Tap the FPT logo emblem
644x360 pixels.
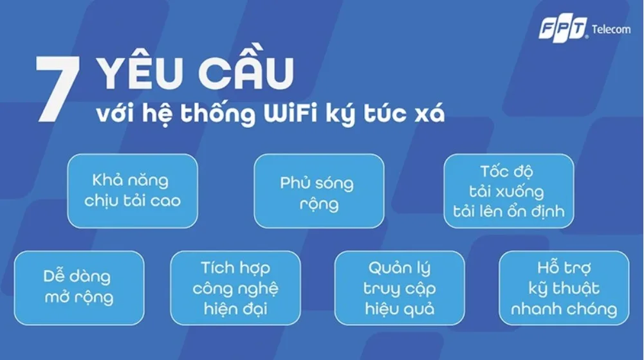coord(563,30)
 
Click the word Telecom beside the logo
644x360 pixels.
coord(611,30)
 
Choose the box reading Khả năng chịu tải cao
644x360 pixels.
coord(133,191)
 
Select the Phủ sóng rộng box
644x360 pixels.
coord(318,191)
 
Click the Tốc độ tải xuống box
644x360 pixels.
coord(508,191)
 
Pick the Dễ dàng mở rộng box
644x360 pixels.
coord(79,288)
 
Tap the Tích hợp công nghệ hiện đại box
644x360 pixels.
coord(235,288)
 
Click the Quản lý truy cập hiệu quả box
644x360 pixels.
coord(400,288)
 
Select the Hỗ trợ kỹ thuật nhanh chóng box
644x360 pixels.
coord(564,288)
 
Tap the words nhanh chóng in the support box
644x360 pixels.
coord(564,309)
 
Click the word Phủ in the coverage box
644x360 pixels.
coord(294,183)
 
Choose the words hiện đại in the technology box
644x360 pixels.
coord(235,309)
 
